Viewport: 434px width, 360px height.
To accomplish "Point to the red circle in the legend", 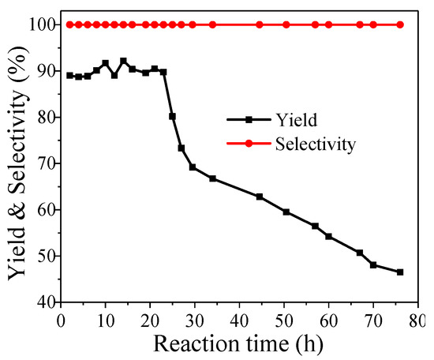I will coord(249,144).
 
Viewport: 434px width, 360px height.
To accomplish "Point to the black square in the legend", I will coord(249,120).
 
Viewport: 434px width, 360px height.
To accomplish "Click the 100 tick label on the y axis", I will coord(39,25).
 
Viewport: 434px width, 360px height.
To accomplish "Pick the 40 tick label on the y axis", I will coord(43,302).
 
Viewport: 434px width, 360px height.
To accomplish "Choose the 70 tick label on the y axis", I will coord(43,163).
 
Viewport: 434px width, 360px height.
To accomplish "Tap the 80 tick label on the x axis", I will coord(417,319).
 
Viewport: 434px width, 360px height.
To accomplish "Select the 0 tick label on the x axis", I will coord(61,319).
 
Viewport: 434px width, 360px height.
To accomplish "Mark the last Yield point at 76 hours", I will coord(400,272).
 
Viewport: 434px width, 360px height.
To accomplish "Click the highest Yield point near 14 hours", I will coord(123,61).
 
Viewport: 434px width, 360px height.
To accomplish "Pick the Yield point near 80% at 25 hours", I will coord(172,116).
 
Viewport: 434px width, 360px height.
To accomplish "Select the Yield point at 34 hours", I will coord(212,178).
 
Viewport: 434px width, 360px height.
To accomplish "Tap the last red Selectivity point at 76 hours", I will coord(400,24).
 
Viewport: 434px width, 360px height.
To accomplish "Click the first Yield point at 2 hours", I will coord(69,76).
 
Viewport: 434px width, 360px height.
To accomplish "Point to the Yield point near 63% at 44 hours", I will coord(260,197).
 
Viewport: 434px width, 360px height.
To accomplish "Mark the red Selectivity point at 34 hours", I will coord(212,24).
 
